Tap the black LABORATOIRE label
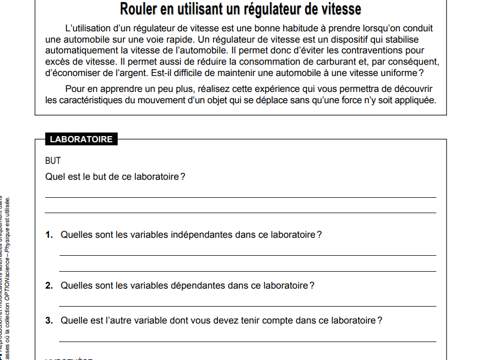coord(81,139)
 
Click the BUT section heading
coord(53,161)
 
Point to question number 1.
coord(49,235)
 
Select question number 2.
coord(49,286)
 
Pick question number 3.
coord(49,320)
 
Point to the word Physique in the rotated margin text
coord(8,243)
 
